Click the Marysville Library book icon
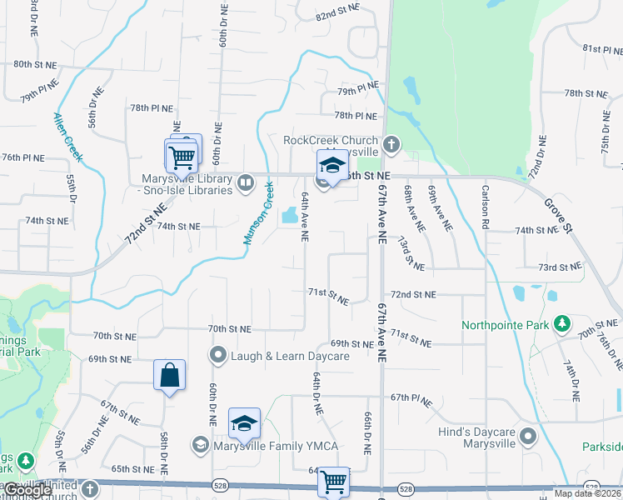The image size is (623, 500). [x=245, y=182]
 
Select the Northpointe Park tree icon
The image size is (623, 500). [x=562, y=322]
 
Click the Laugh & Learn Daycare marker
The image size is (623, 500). [x=218, y=356]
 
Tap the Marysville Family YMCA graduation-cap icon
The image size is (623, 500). [x=200, y=446]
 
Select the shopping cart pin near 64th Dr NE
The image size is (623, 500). [x=334, y=481]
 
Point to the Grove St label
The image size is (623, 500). [x=559, y=214]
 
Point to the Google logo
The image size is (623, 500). [x=27, y=490]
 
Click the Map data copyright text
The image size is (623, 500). [x=587, y=493]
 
